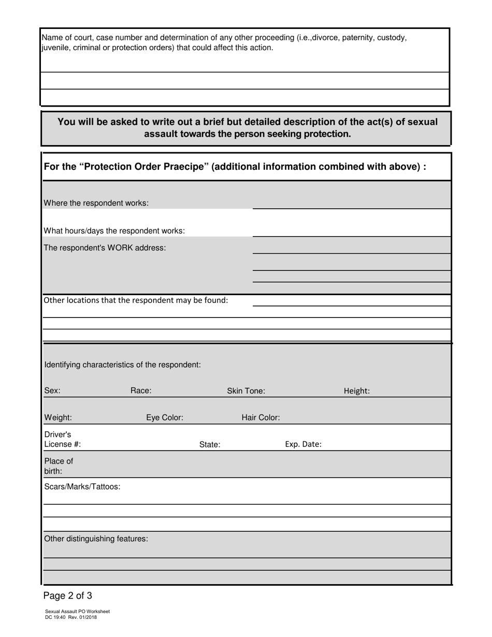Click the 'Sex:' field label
52,391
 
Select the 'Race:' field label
141,391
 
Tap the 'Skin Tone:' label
246,391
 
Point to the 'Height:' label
357,392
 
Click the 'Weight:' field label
58,417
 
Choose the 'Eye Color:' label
165,417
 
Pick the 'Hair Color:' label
261,417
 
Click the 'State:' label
210,444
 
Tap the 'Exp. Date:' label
303,444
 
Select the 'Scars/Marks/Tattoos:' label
82,486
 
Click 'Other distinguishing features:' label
96,539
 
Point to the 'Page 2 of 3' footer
68,596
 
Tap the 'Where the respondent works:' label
96,203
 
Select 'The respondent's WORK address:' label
105,248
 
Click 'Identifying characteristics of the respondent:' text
123,365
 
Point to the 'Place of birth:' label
59,466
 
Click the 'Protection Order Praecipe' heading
235,167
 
